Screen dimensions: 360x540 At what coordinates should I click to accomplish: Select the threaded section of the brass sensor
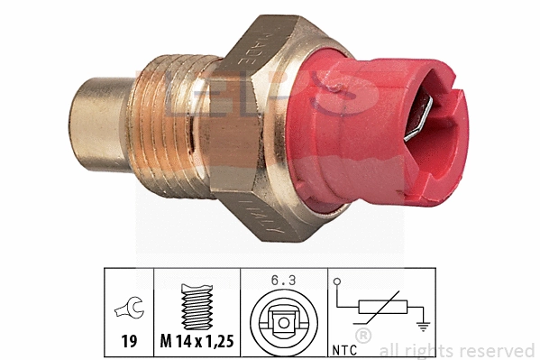tap(171, 122)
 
